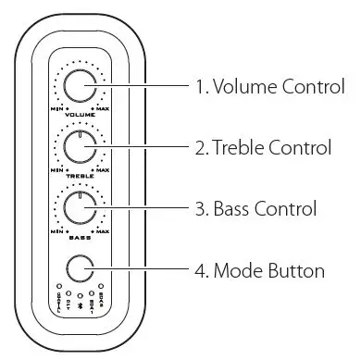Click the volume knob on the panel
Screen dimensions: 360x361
click(x=81, y=87)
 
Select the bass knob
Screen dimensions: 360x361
click(x=81, y=207)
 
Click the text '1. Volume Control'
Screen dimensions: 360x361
click(x=269, y=88)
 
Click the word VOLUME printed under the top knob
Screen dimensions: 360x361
click(x=81, y=115)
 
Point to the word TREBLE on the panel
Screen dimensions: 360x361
click(x=81, y=175)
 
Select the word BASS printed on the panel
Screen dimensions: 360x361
click(x=81, y=235)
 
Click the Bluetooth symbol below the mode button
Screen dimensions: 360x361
click(x=80, y=302)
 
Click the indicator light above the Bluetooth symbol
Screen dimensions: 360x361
click(x=80, y=292)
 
